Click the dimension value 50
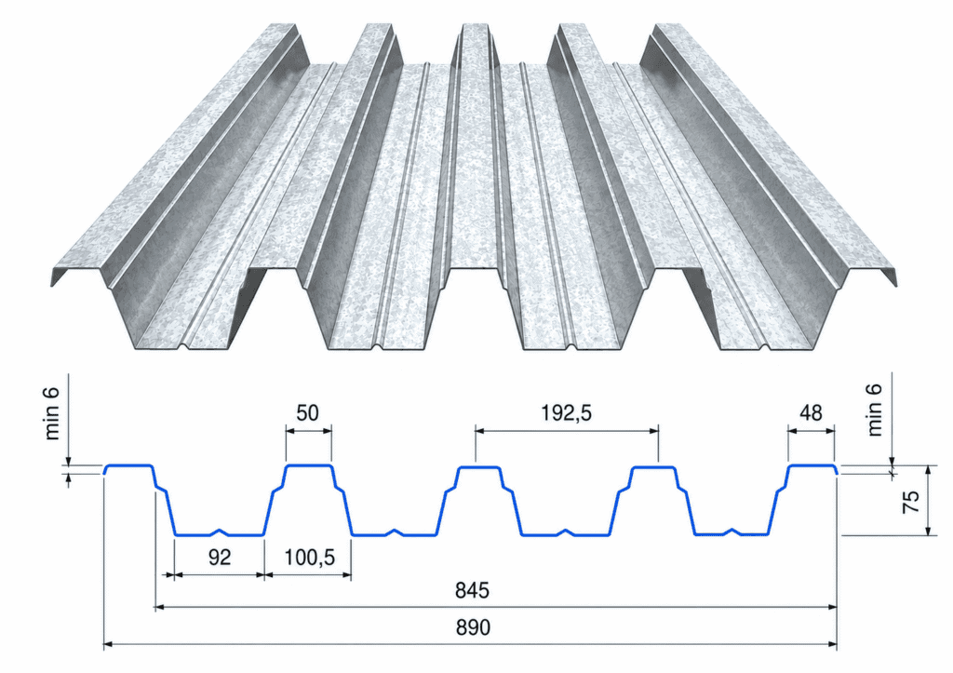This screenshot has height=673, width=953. [307, 413]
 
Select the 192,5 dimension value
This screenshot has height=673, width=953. [567, 413]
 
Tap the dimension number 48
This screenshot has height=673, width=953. [812, 413]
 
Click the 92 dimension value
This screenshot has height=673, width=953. [220, 557]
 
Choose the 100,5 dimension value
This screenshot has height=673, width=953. [309, 558]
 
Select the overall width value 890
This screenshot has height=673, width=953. [473, 627]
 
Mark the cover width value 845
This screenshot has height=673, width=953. [472, 590]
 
